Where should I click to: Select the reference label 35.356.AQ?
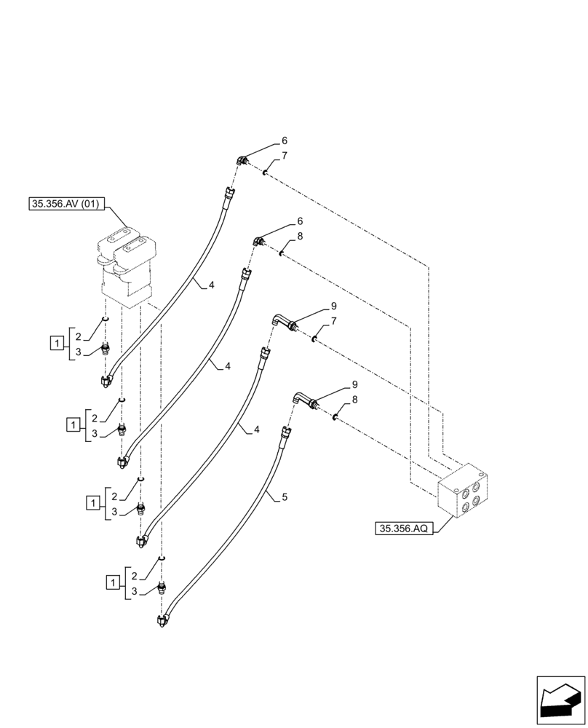[x=404, y=529]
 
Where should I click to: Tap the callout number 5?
[x=285, y=497]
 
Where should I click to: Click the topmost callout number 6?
[x=285, y=141]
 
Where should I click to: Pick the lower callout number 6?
[x=300, y=221]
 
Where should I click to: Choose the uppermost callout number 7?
[x=285, y=156]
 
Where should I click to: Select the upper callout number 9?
[x=334, y=306]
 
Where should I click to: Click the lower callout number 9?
[x=354, y=384]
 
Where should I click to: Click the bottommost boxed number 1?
[x=113, y=582]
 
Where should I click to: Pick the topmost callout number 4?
[x=211, y=285]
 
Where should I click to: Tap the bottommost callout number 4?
[x=257, y=430]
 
